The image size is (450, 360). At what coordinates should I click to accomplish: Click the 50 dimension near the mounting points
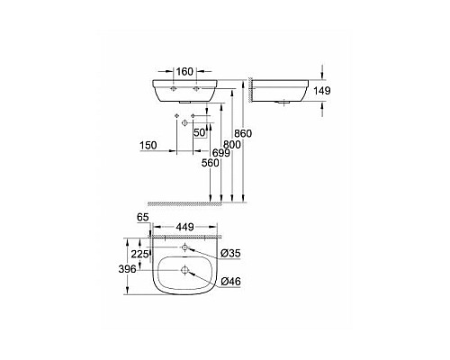[x=200, y=132]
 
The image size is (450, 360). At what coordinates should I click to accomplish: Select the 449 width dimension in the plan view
[x=184, y=228]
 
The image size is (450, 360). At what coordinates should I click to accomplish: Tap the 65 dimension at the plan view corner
[x=140, y=218]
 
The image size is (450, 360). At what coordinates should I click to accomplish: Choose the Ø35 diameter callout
[x=229, y=253]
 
